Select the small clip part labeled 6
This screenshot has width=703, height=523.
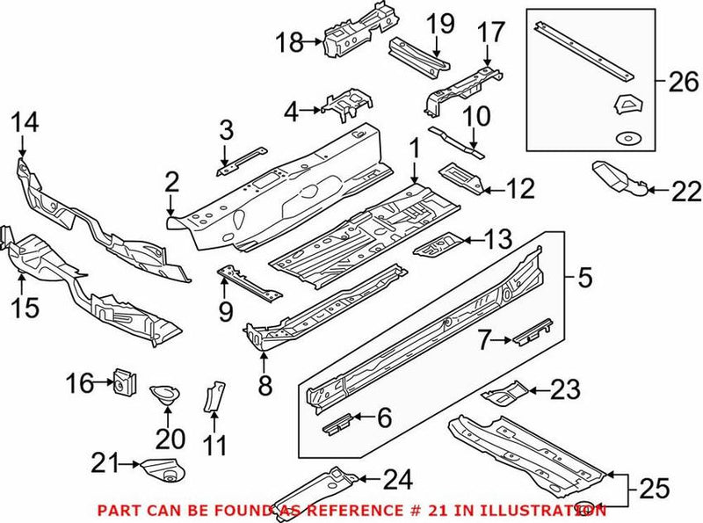tap(340, 420)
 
